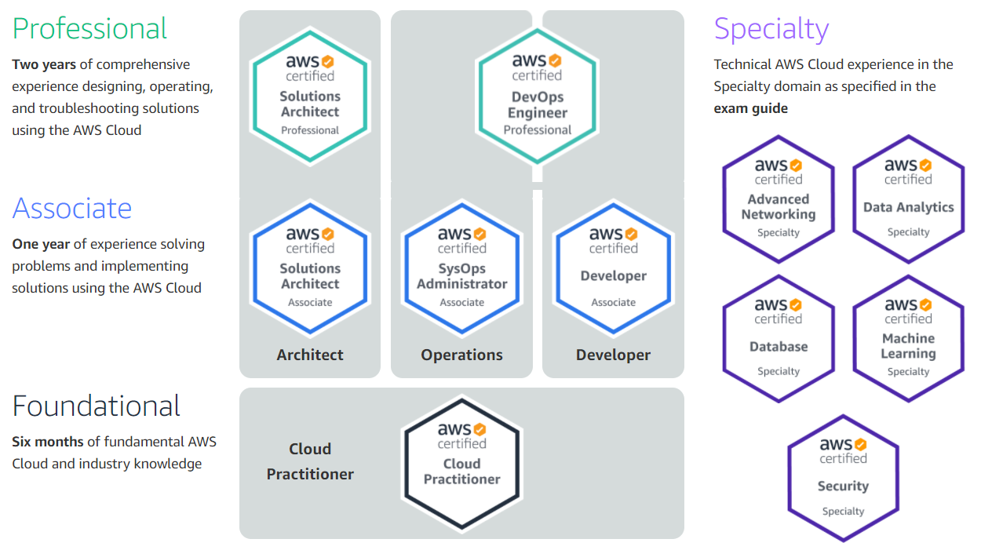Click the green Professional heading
pyautogui.click(x=89, y=29)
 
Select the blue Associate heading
pyautogui.click(x=72, y=209)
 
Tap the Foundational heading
pyautogui.click(x=96, y=406)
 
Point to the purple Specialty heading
pyautogui.click(x=771, y=30)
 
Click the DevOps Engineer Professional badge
pyautogui.click(x=538, y=96)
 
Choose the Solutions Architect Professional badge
pyautogui.click(x=310, y=96)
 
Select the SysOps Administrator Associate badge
pyautogui.click(x=462, y=268)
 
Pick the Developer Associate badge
pyautogui.click(x=613, y=268)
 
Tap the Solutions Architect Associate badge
pyautogui.click(x=310, y=268)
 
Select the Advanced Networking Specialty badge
pyautogui.click(x=779, y=199)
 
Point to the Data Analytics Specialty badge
pyautogui.click(x=908, y=199)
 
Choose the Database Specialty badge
pyautogui.click(x=779, y=338)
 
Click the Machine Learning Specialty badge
pyautogui.click(x=908, y=338)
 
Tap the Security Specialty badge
pyautogui.click(x=843, y=478)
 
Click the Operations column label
pyautogui.click(x=461, y=355)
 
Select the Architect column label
pyautogui.click(x=310, y=355)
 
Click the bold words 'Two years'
pyautogui.click(x=44, y=65)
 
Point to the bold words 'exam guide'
pyautogui.click(x=750, y=108)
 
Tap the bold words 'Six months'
pyautogui.click(x=48, y=442)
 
